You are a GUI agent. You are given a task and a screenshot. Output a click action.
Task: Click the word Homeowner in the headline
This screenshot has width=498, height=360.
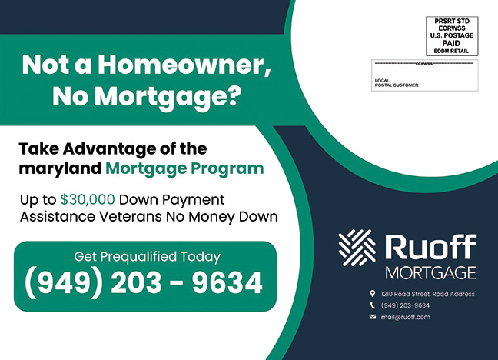pyautogui.click(x=184, y=65)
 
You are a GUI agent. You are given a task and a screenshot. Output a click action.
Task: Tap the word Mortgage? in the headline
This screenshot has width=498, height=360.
pyautogui.click(x=167, y=96)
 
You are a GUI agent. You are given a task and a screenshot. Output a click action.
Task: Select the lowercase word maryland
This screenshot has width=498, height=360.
pyautogui.click(x=60, y=168)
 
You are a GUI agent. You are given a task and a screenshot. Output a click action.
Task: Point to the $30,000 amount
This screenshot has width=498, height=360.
pyautogui.click(x=88, y=200)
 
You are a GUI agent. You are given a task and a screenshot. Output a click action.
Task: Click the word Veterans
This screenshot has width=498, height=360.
pyautogui.click(x=131, y=217)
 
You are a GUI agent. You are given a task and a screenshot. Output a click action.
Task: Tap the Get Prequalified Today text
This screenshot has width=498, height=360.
pyautogui.click(x=147, y=257)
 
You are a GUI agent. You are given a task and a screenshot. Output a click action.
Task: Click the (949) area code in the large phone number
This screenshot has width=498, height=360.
pyautogui.click(x=64, y=283)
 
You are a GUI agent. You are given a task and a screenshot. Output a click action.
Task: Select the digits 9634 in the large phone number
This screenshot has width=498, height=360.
pyautogui.click(x=227, y=283)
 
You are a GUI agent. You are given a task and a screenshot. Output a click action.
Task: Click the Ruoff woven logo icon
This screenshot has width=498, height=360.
pyautogui.click(x=357, y=248)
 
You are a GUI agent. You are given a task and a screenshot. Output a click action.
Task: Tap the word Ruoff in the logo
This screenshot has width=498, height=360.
pyautogui.click(x=431, y=247)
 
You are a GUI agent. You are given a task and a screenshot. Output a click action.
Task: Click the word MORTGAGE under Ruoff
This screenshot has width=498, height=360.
pyautogui.click(x=430, y=273)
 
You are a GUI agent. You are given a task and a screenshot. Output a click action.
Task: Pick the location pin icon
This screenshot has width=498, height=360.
pyautogui.click(x=372, y=293)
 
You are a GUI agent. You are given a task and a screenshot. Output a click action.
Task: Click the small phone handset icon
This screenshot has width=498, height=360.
pyautogui.click(x=373, y=305)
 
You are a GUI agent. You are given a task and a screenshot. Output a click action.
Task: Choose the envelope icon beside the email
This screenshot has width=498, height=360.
pyautogui.click(x=373, y=317)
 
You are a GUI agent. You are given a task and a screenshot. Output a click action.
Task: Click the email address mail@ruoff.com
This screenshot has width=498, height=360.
pyautogui.click(x=406, y=317)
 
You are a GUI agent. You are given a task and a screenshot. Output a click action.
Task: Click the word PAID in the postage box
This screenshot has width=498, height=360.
pyautogui.click(x=451, y=43)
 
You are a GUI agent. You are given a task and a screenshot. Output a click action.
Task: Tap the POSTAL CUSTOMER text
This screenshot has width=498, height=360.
pyautogui.click(x=397, y=85)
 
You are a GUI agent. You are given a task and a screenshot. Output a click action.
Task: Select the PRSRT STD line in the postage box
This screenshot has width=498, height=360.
pyautogui.click(x=452, y=21)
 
